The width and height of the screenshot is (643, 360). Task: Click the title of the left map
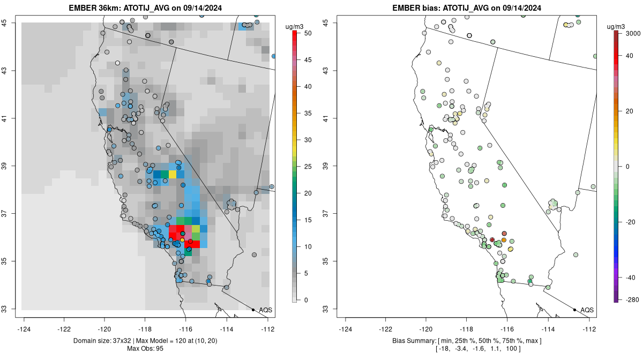(146, 8)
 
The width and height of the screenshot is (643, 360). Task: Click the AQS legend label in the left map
(265, 310)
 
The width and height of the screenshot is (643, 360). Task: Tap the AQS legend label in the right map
(587, 310)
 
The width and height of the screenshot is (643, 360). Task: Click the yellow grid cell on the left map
(173, 175)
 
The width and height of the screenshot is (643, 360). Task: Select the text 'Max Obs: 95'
(146, 349)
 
